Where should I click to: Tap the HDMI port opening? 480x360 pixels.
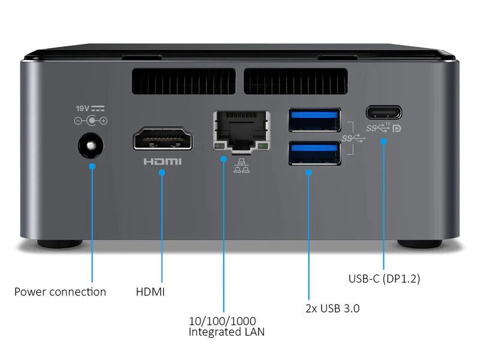tap(163, 139)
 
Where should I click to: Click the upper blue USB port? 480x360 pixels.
tap(314, 119)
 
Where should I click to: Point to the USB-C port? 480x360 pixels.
tap(383, 112)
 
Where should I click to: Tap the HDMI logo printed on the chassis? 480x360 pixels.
tap(162, 161)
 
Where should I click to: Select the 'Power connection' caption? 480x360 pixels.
tap(60, 292)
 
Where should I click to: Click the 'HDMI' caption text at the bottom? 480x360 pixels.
tap(151, 292)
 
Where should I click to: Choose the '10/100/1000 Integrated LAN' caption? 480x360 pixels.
tap(226, 326)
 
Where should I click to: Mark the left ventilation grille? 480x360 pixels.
tap(183, 80)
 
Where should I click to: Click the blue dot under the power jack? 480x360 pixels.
tap(92, 166)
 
